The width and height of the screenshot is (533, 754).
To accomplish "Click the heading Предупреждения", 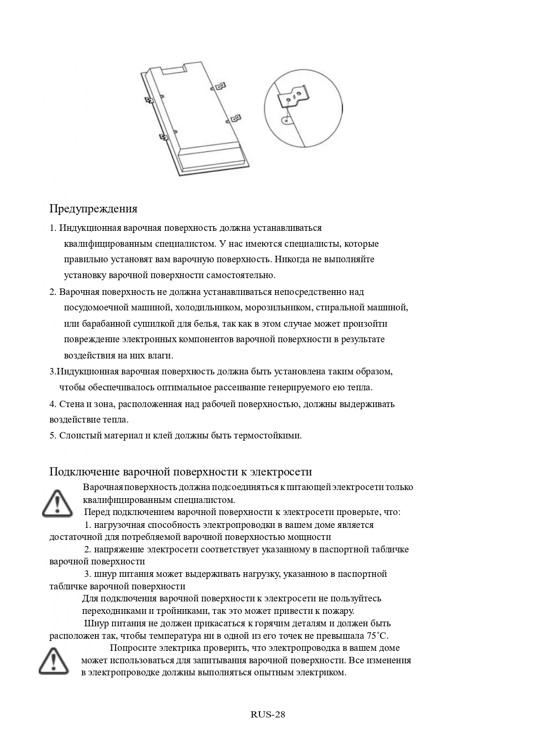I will point(93,209).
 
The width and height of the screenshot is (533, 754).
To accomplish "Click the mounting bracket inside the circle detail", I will point(293,96).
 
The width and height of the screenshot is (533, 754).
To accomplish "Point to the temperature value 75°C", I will point(377,636).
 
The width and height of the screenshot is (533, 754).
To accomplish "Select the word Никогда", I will point(293,260).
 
